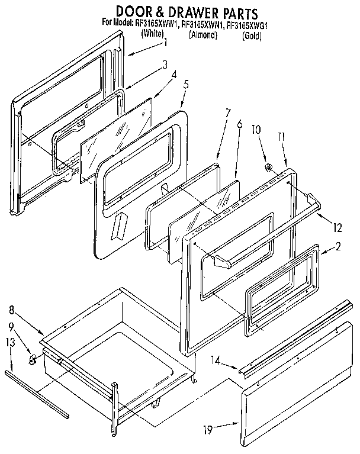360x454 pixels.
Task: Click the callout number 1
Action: [166, 43]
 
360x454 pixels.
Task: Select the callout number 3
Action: [166, 65]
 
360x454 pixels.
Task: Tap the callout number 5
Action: [186, 84]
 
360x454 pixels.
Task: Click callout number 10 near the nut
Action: [256, 129]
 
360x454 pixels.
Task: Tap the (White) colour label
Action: [152, 34]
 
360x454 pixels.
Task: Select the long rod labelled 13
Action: [36, 391]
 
